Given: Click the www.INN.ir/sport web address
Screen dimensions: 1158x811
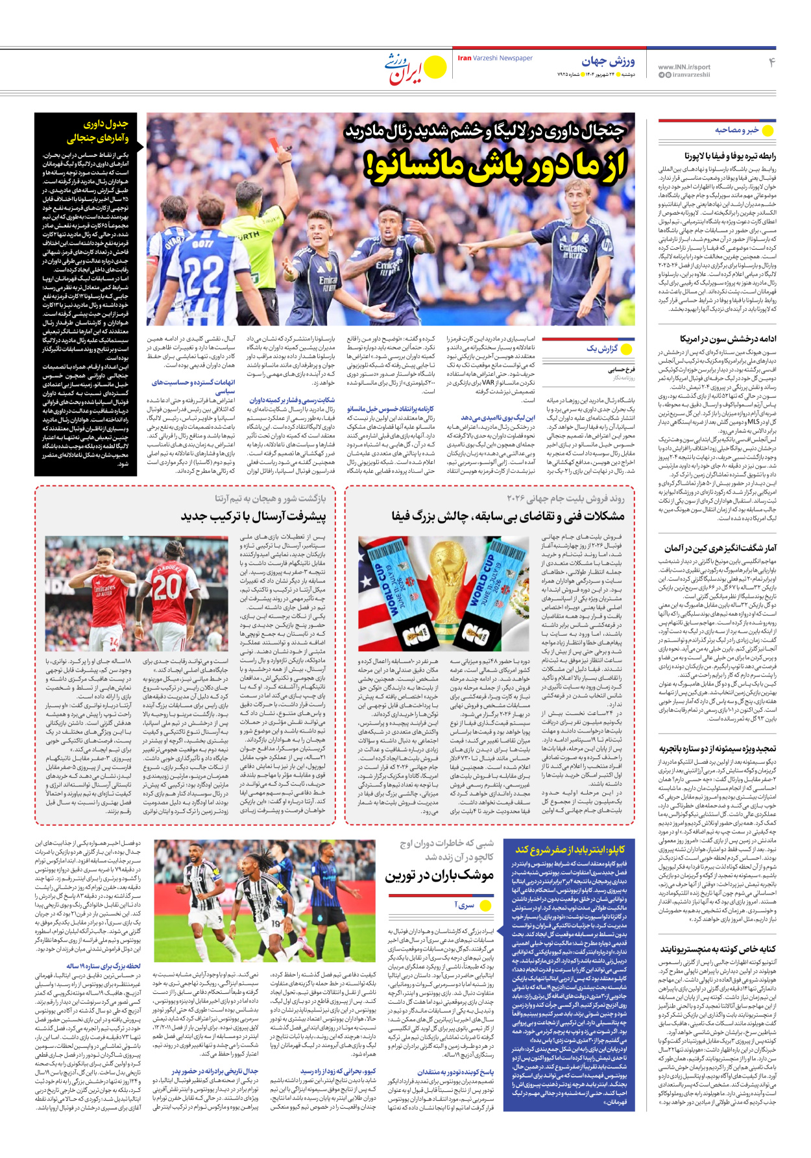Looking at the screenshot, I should click(x=684, y=67).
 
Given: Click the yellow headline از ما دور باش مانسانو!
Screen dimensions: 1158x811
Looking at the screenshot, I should click(x=496, y=165).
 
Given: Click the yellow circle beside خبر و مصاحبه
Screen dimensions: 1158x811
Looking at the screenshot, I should click(x=768, y=130).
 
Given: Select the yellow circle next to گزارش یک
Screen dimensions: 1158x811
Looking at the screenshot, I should click(x=626, y=349).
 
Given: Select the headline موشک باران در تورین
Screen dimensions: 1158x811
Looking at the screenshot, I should click(x=439, y=875).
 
